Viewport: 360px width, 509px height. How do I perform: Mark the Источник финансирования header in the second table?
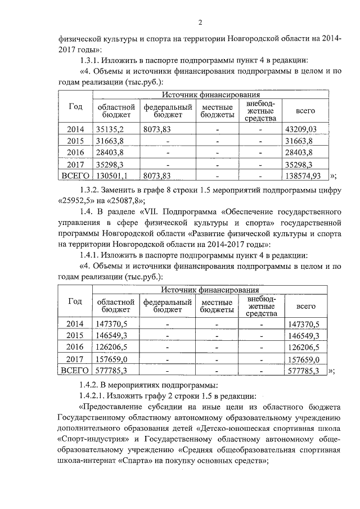[x=210, y=289]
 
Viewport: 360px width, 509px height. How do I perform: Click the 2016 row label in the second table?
[x=75, y=347]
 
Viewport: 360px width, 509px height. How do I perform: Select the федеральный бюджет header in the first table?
[x=167, y=111]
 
